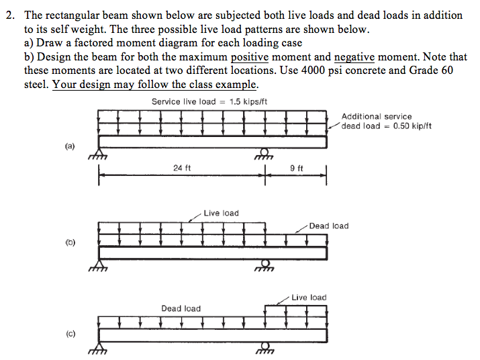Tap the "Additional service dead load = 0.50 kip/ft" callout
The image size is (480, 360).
pyautogui.click(x=386, y=121)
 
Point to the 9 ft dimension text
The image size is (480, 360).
pyautogui.click(x=296, y=168)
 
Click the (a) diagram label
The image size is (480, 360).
pyautogui.click(x=70, y=145)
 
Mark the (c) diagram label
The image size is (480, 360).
pyautogui.click(x=70, y=333)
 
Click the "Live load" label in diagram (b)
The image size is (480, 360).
pyautogui.click(x=221, y=213)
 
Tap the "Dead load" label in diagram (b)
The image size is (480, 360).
pyautogui.click(x=329, y=226)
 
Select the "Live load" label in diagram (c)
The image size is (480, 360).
pyautogui.click(x=309, y=297)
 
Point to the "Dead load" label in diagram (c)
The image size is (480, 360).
pyautogui.click(x=181, y=308)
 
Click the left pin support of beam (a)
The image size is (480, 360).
pyautogui.click(x=98, y=156)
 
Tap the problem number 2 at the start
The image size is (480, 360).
pyautogui.click(x=9, y=15)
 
